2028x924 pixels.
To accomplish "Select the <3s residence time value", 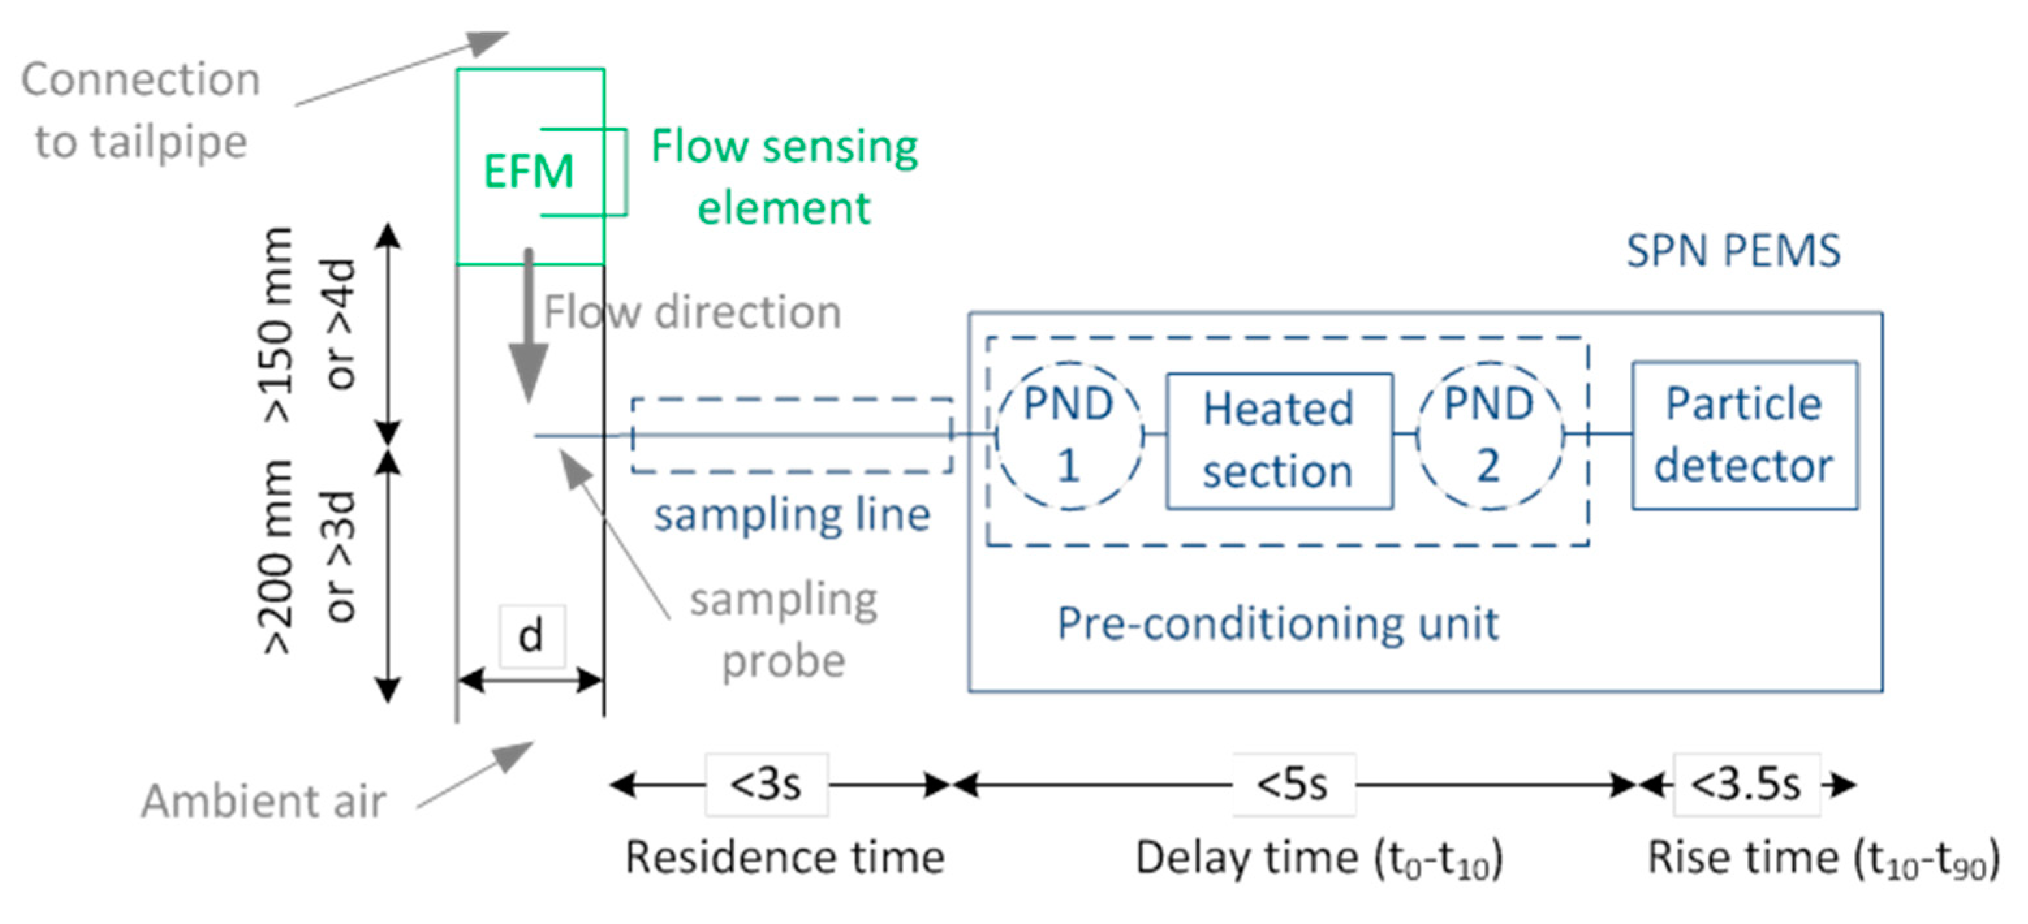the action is point(766,785).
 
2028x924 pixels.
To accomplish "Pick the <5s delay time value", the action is point(1293,785).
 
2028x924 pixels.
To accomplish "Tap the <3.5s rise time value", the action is point(1746,785).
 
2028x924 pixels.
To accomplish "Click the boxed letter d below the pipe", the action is point(531,636).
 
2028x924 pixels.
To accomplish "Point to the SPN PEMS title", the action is point(1734,252).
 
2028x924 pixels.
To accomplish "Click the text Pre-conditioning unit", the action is point(1278,624).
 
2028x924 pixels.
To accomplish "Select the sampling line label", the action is point(792,516).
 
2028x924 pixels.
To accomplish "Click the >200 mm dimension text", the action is point(278,557).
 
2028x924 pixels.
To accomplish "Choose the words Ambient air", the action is point(264,802).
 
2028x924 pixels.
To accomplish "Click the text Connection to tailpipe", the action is point(141,110).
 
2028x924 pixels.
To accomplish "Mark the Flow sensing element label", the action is point(784,177).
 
